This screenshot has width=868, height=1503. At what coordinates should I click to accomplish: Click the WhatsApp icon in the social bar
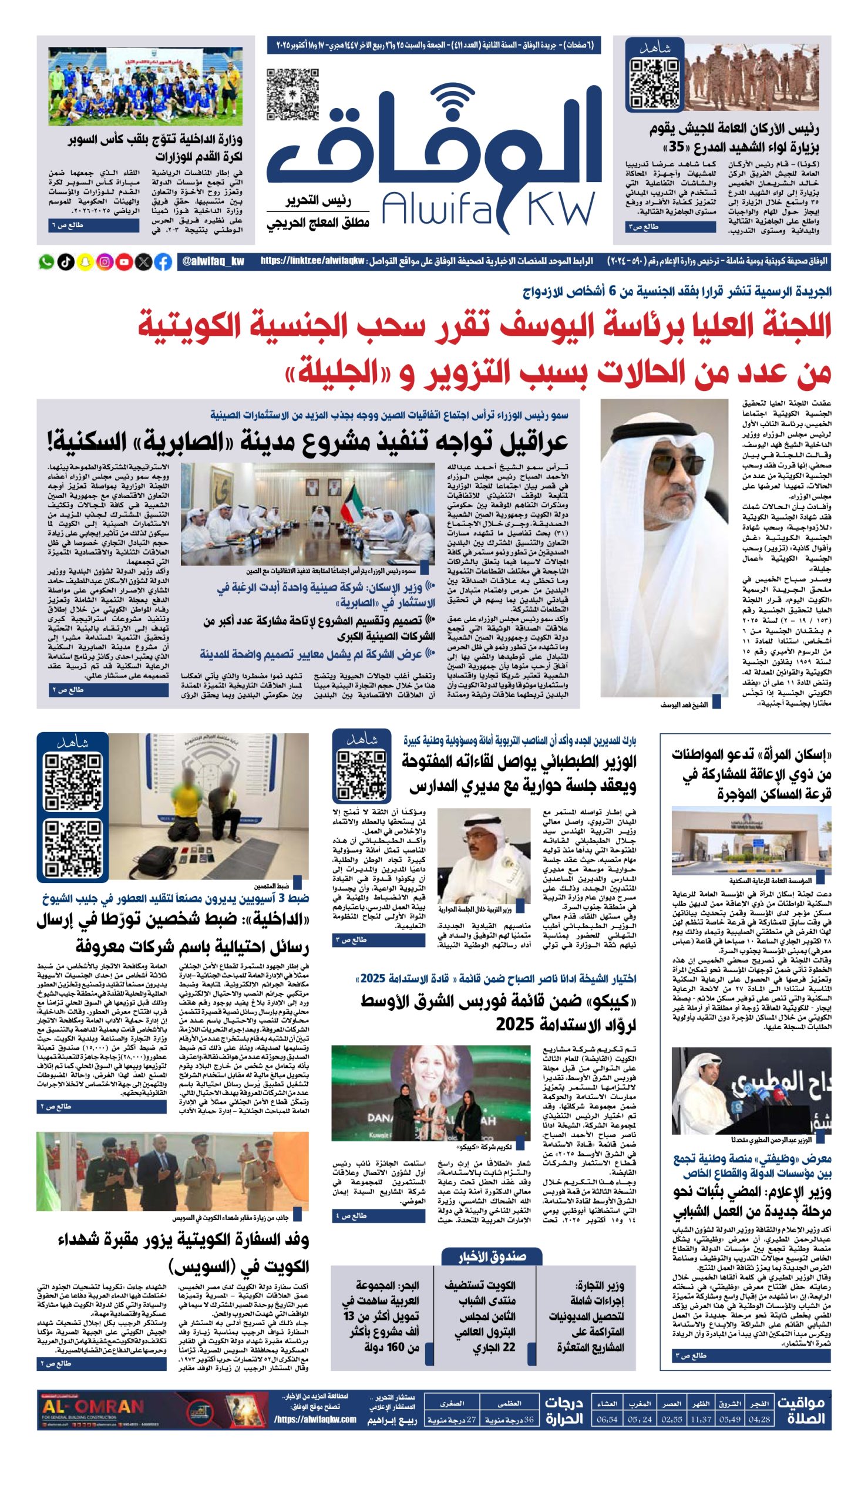click(46, 262)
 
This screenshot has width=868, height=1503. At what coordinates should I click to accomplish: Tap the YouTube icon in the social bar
click(124, 262)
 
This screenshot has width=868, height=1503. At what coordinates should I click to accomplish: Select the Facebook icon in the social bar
click(163, 262)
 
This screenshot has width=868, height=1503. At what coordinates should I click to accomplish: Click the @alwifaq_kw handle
click(213, 262)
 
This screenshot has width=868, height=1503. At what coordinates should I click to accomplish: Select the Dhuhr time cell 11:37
click(701, 1420)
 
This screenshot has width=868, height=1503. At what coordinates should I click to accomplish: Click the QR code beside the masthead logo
click(292, 94)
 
